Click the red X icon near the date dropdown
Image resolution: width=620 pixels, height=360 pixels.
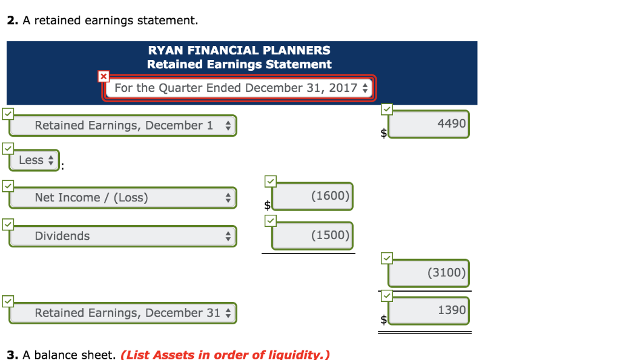[104, 76]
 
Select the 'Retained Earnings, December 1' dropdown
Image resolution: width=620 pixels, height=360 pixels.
[123, 126]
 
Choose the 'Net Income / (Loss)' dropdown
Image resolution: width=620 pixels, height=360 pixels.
[123, 198]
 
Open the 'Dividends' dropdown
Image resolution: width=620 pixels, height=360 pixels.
[123, 236]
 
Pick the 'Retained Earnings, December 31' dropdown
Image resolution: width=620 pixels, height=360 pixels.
[123, 313]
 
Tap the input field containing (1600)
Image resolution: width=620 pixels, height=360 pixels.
[312, 197]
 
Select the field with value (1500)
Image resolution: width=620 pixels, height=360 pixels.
[312, 235]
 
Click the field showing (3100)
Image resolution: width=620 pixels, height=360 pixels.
[429, 273]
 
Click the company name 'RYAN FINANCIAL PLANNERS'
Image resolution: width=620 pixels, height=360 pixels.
[239, 50]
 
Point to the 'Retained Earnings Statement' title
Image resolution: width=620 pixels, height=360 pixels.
[239, 64]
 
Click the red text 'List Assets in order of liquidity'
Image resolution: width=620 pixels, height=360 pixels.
[225, 355]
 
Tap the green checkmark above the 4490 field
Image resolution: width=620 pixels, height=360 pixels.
[387, 110]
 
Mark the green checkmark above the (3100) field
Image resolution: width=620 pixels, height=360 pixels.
[387, 258]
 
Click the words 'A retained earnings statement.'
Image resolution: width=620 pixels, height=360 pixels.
[110, 21]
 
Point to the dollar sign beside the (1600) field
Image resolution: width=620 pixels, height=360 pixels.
[267, 206]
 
